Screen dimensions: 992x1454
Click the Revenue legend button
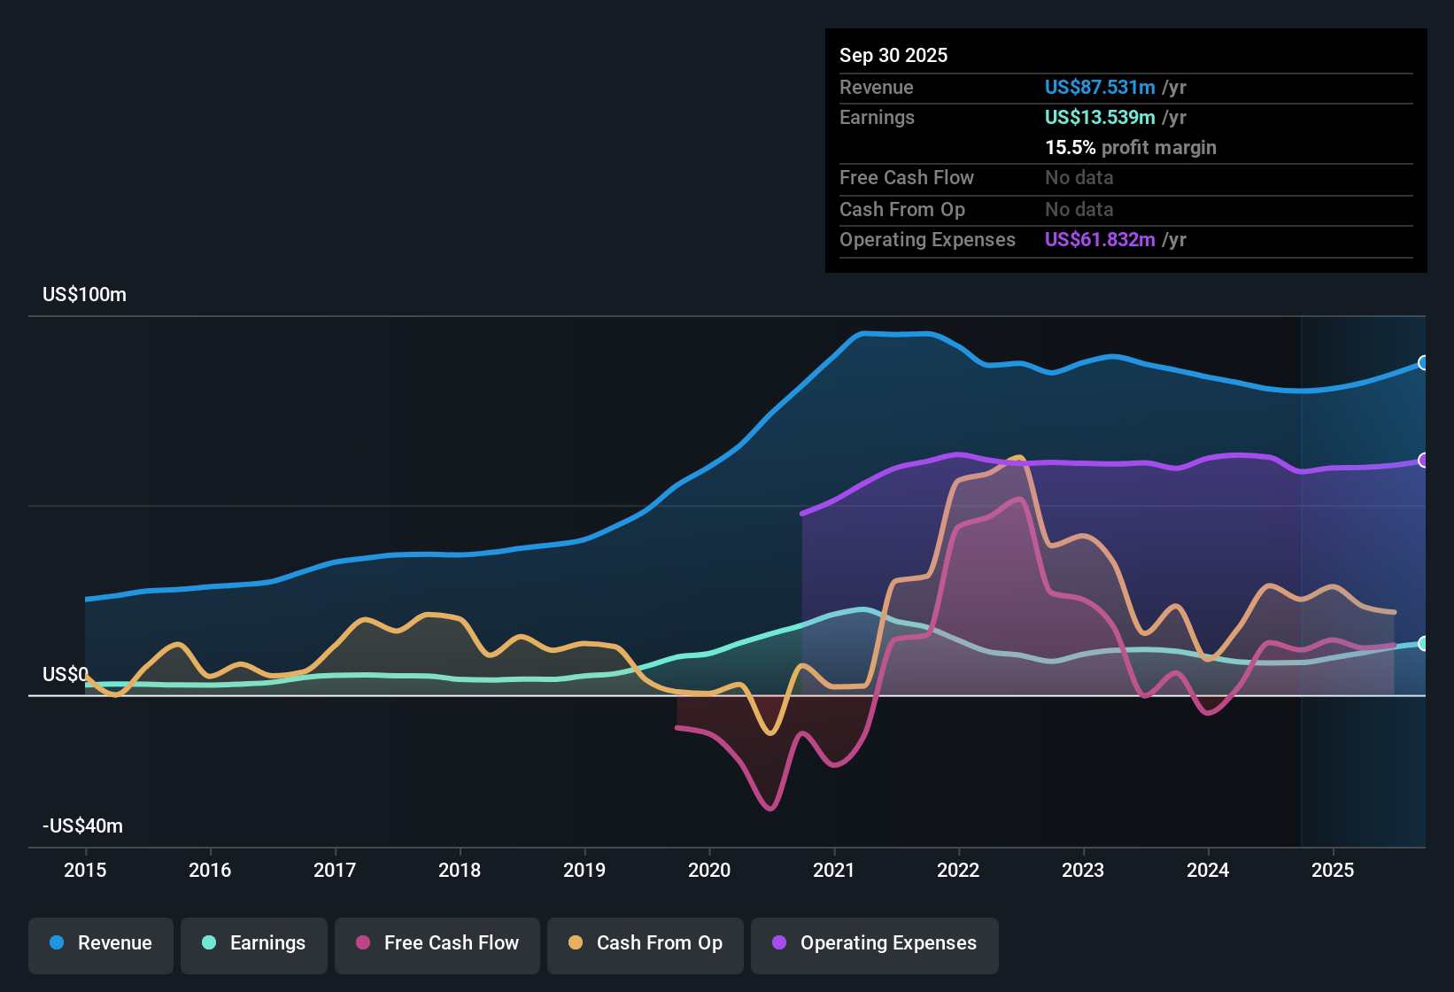point(101,943)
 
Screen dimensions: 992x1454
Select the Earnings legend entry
point(254,943)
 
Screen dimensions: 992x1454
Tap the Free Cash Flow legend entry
point(437,943)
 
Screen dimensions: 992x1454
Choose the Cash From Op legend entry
point(646,943)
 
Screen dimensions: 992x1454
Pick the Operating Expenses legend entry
point(875,943)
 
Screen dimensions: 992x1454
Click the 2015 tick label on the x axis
point(85,870)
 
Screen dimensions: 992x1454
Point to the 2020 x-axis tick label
point(709,870)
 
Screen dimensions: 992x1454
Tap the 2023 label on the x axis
point(1083,870)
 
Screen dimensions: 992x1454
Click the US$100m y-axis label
point(84,295)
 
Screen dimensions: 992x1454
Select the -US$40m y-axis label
point(82,826)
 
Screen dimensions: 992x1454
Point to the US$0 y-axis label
point(66,675)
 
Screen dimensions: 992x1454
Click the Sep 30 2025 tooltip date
point(893,56)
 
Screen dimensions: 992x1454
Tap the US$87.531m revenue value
point(1100,88)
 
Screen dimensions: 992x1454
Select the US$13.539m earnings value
point(1100,118)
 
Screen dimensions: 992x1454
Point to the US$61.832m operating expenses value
point(1100,240)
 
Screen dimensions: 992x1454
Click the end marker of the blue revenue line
point(1423,362)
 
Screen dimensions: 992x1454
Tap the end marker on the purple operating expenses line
point(1423,461)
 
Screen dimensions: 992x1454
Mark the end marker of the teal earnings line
point(1423,644)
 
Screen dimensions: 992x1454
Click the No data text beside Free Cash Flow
point(1079,178)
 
